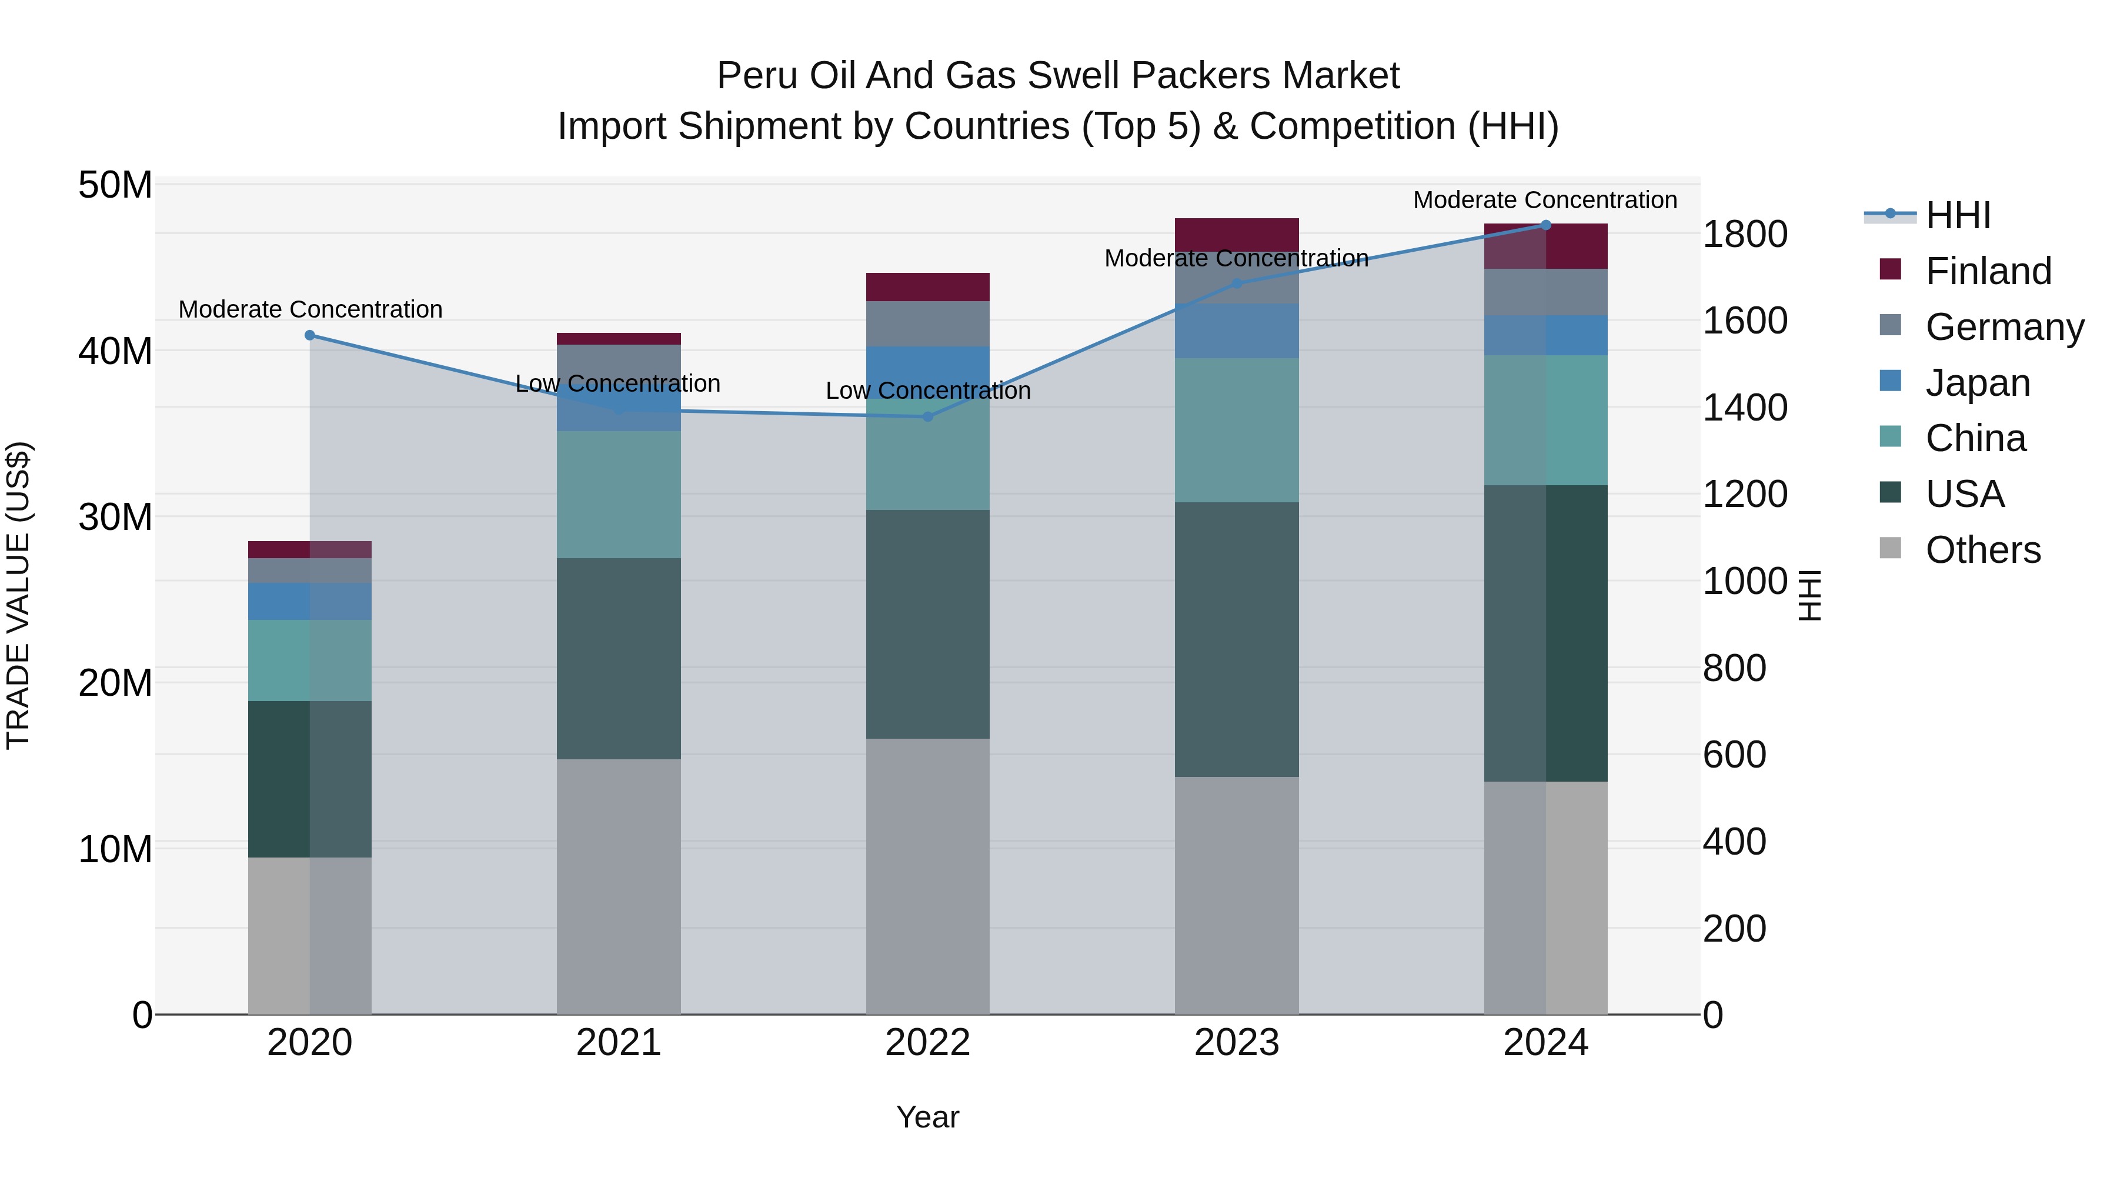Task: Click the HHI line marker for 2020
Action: click(x=310, y=335)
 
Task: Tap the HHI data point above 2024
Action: click(x=1546, y=225)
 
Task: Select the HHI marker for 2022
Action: click(x=928, y=417)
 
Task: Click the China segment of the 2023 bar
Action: click(x=1236, y=430)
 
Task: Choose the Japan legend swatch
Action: click(x=1890, y=381)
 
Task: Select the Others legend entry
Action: click(x=1982, y=550)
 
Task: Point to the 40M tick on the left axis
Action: click(x=115, y=351)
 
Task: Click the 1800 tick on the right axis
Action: click(x=1744, y=234)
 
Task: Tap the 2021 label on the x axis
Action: click(x=618, y=1043)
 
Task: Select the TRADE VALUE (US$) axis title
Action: click(x=18, y=595)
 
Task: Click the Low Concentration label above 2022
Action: click(x=928, y=391)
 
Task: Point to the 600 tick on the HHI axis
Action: click(x=1734, y=755)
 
